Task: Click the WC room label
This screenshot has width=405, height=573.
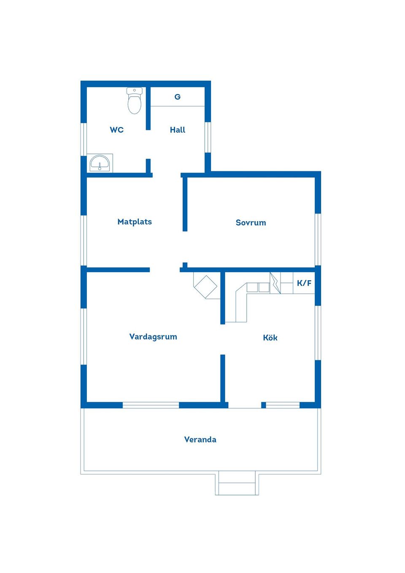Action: point(116,130)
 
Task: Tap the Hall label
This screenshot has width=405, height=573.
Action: point(178,130)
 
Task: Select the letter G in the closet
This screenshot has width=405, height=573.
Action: point(178,97)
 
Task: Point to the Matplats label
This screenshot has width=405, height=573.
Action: point(135,222)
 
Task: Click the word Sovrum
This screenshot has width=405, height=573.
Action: point(251,222)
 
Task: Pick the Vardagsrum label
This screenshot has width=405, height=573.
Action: point(153,337)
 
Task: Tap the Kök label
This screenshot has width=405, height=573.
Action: point(270,338)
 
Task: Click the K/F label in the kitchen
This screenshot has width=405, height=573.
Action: point(304,283)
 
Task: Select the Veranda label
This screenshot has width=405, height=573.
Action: point(200,440)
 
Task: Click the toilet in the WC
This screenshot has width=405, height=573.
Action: point(135,100)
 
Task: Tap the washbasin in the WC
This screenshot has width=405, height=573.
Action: point(100,163)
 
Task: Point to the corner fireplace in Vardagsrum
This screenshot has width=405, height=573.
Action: point(207,286)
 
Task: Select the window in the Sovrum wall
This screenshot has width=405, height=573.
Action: point(318,239)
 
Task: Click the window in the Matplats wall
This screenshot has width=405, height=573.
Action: point(84,241)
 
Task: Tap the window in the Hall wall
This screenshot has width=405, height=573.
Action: point(208,137)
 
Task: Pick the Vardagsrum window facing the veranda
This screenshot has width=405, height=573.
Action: point(151,405)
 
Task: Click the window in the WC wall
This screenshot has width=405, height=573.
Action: point(84,139)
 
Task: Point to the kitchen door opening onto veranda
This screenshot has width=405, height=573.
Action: point(245,405)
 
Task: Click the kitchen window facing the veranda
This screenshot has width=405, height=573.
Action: point(283,405)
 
